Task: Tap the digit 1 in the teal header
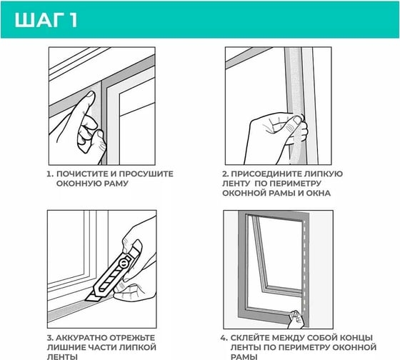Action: point(73,20)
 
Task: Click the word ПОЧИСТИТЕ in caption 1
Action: point(82,174)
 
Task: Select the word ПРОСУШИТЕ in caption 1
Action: point(146,174)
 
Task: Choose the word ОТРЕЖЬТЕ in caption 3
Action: point(132,338)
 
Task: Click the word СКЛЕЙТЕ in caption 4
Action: point(250,338)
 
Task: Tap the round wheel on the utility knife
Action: point(124,264)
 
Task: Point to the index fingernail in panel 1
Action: point(90,95)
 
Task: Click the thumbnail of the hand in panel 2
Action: point(297,120)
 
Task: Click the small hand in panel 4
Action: point(296,319)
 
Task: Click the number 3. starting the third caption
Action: point(50,338)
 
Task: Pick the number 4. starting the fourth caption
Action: point(224,338)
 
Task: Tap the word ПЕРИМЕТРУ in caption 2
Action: point(296,184)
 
